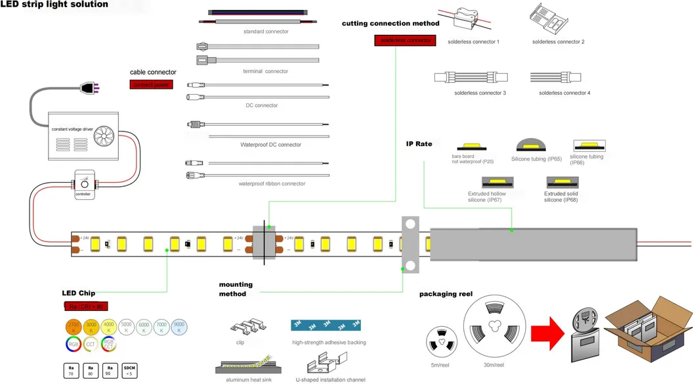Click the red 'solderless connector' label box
tap(405, 40)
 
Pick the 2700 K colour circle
tap(73, 326)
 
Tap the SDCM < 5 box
tap(130, 370)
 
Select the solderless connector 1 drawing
tap(474, 22)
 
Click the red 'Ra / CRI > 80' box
tap(86, 306)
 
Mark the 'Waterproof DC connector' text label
tap(270, 145)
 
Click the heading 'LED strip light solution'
tap(54, 5)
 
